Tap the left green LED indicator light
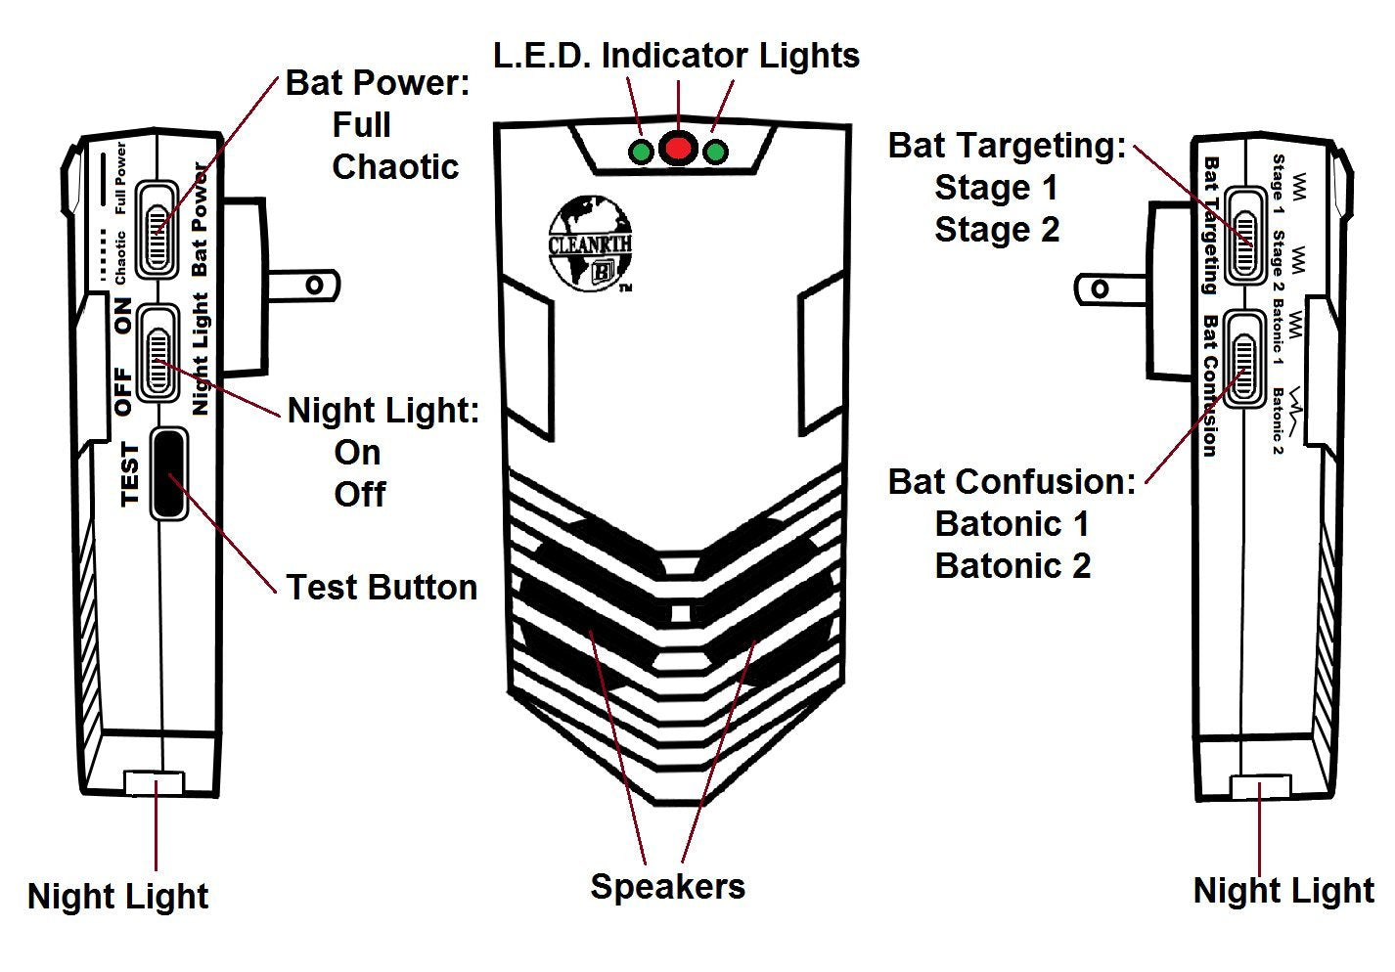tap(641, 153)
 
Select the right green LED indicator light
tap(716, 153)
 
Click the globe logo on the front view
tap(589, 243)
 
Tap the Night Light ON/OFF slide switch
tap(157, 352)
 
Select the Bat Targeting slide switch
tap(1244, 233)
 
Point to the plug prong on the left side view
tap(303, 286)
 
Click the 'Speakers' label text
tap(667, 887)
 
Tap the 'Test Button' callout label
tap(382, 588)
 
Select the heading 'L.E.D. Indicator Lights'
tap(676, 56)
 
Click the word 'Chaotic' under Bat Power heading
tap(395, 167)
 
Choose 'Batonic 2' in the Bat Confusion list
tap(1012, 566)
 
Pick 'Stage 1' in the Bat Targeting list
tap(996, 188)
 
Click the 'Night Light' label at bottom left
tap(117, 897)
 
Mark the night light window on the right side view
tap(1260, 788)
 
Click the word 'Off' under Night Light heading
tap(359, 495)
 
